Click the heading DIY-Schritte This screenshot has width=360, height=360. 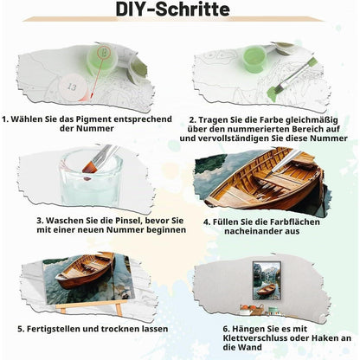[x=173, y=9]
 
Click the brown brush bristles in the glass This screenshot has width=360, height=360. [x=89, y=168]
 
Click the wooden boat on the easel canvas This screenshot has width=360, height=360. [x=85, y=271]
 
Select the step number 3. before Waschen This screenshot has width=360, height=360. [x=40, y=221]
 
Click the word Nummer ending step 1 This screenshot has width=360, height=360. [x=94, y=129]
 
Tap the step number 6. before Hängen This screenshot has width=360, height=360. [x=227, y=329]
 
